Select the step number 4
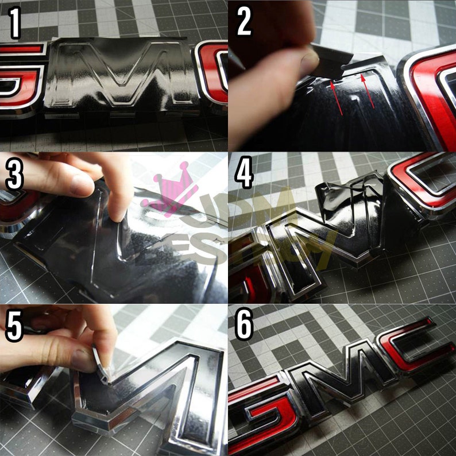pyautogui.click(x=244, y=173)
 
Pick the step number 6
pyautogui.click(x=244, y=327)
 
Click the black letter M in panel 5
pyautogui.click(x=155, y=391)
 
